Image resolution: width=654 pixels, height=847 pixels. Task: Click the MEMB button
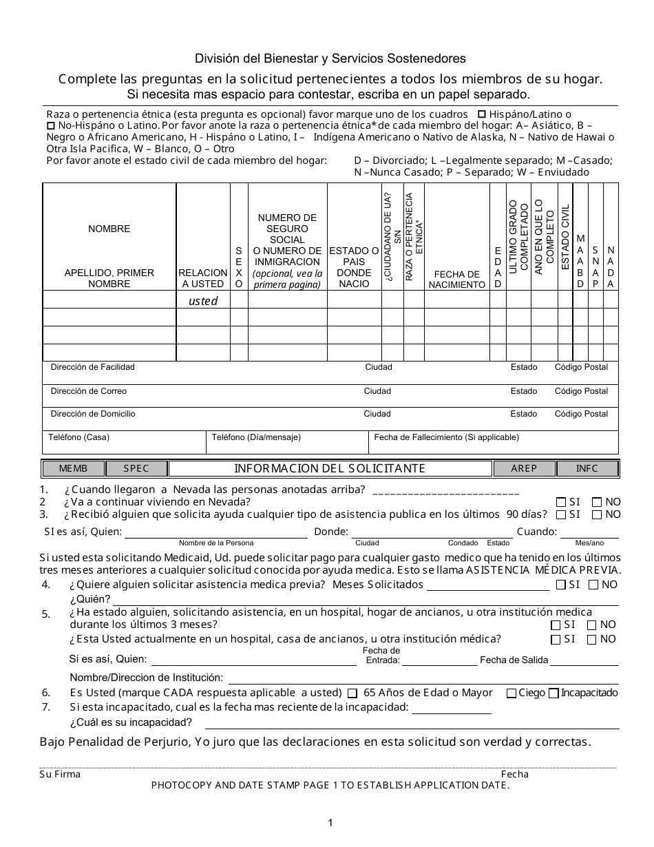(74, 469)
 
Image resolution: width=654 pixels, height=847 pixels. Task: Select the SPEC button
(136, 469)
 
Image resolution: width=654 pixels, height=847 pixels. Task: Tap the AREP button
(524, 469)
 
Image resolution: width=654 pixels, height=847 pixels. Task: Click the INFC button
(587, 469)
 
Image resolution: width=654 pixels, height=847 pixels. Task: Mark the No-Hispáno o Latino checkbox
(50, 126)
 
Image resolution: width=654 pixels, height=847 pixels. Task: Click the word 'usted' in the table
(203, 301)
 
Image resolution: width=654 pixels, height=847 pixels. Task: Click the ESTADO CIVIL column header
(565, 237)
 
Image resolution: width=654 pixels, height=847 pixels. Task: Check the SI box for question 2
(560, 503)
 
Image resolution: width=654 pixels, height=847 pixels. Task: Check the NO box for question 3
(596, 514)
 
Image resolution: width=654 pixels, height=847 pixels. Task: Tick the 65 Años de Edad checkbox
(352, 693)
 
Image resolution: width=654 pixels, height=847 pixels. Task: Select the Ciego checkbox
(511, 693)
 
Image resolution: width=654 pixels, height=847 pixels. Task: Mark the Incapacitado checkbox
(553, 693)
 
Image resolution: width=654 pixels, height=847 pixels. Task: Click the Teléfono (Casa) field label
(78, 437)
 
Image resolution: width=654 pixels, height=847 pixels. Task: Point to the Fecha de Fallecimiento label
(446, 437)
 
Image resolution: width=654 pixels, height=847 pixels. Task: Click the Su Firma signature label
(60, 774)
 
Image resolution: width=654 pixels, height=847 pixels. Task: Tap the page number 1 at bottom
(330, 822)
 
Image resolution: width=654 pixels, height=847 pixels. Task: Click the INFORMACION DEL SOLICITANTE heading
(330, 469)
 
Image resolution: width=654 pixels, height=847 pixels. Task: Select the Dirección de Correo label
(89, 391)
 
